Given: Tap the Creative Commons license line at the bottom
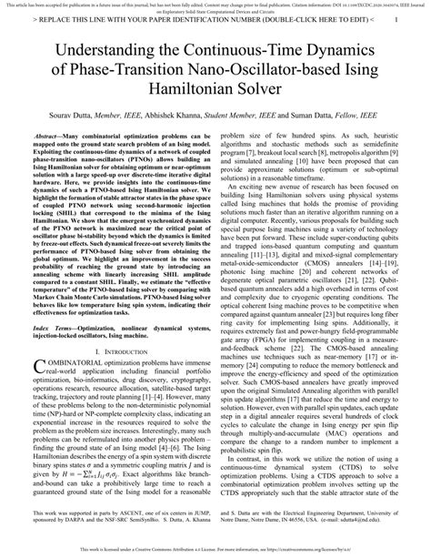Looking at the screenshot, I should (215, 553).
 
